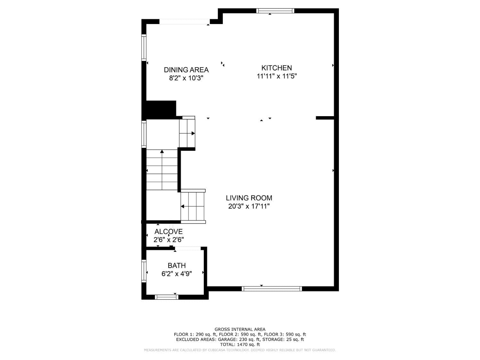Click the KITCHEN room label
(x=276, y=68)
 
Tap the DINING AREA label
(x=186, y=70)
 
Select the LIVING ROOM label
(x=249, y=198)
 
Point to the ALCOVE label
(x=168, y=232)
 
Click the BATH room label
(x=177, y=266)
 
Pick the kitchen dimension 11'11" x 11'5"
(x=276, y=76)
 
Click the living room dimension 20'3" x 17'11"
(x=249, y=206)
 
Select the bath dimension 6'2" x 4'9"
(x=177, y=274)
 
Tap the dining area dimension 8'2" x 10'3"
(x=186, y=78)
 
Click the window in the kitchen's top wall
(x=275, y=11)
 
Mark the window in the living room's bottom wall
(x=272, y=289)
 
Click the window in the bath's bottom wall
(x=166, y=297)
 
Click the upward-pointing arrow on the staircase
(x=162, y=151)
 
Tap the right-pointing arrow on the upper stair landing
(x=193, y=133)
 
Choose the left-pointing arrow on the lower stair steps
(x=182, y=207)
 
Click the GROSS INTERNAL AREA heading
(x=240, y=329)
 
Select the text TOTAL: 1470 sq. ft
(x=240, y=345)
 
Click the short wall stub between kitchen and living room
(x=325, y=118)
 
